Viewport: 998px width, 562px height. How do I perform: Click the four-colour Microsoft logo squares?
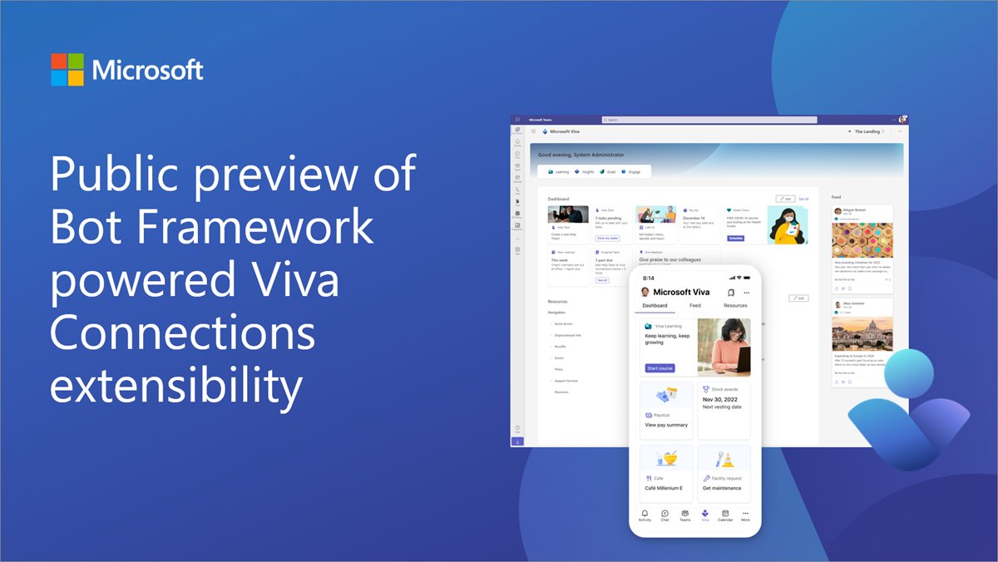[x=67, y=70]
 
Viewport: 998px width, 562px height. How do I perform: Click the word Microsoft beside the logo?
[x=148, y=70]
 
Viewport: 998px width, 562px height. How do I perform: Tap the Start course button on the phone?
[x=660, y=367]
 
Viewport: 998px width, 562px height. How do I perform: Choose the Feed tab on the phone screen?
[x=694, y=306]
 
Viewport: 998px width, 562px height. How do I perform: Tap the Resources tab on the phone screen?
[x=735, y=306]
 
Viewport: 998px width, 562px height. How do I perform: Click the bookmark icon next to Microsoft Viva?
[x=729, y=292]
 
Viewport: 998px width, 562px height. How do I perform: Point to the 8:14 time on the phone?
[x=648, y=278]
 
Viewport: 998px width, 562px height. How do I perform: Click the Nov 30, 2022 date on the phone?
[x=720, y=398]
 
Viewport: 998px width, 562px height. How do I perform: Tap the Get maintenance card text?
[x=720, y=488]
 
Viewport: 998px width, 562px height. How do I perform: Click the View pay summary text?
[x=666, y=425]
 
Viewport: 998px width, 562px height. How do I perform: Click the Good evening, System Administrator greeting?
[x=581, y=155]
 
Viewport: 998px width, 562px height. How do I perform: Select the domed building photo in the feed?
[x=862, y=337]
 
